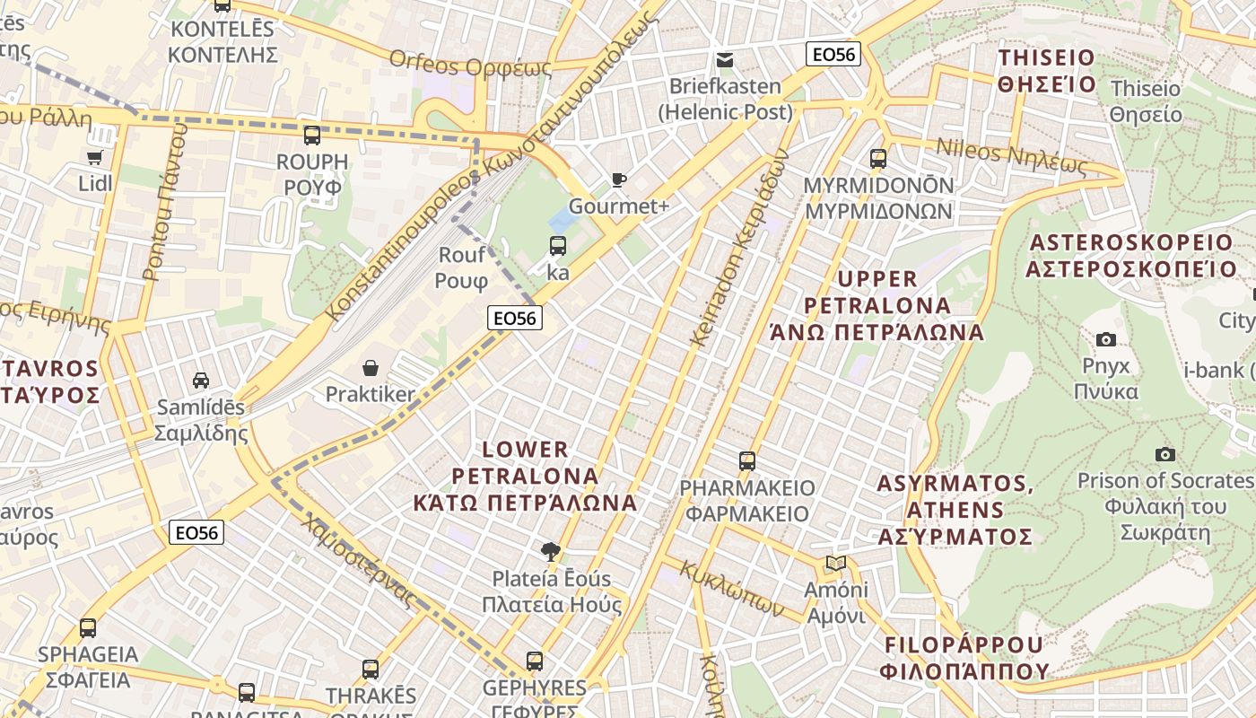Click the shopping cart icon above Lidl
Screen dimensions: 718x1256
(x=94, y=157)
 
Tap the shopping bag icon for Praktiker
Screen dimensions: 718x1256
(x=370, y=367)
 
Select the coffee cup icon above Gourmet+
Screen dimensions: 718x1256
(x=618, y=179)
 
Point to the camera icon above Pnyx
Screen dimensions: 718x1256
(x=1106, y=339)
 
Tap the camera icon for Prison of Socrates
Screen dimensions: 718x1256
(x=1164, y=454)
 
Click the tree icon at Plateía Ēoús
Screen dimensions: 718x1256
(x=551, y=551)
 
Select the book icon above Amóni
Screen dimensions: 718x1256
(x=835, y=563)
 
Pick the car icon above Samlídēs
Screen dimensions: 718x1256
(x=201, y=380)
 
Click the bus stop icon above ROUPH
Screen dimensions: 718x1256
(x=311, y=136)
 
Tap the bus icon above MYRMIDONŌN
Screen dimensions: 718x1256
(x=877, y=159)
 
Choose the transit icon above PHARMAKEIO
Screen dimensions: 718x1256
(x=746, y=461)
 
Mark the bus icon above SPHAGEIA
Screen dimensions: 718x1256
(x=88, y=627)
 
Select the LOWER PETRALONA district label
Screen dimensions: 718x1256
(x=525, y=476)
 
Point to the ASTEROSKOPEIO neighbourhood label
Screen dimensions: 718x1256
(x=1132, y=256)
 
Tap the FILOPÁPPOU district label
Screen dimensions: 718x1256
(x=964, y=658)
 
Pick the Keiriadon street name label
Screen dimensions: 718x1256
(x=739, y=247)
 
